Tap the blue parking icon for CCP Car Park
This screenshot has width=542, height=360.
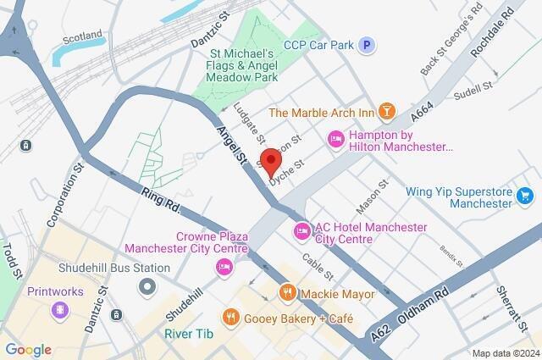click(366, 45)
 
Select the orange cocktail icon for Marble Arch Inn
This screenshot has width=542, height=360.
click(386, 112)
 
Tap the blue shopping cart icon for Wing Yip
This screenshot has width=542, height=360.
click(526, 197)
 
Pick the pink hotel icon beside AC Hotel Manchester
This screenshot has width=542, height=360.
click(301, 230)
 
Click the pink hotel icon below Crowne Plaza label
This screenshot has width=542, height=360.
click(224, 268)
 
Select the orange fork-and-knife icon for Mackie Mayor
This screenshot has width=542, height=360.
click(287, 293)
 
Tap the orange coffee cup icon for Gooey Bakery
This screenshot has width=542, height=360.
click(230, 317)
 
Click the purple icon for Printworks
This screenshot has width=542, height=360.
click(59, 308)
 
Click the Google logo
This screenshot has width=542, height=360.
click(28, 350)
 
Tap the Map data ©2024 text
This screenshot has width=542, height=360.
click(505, 353)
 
